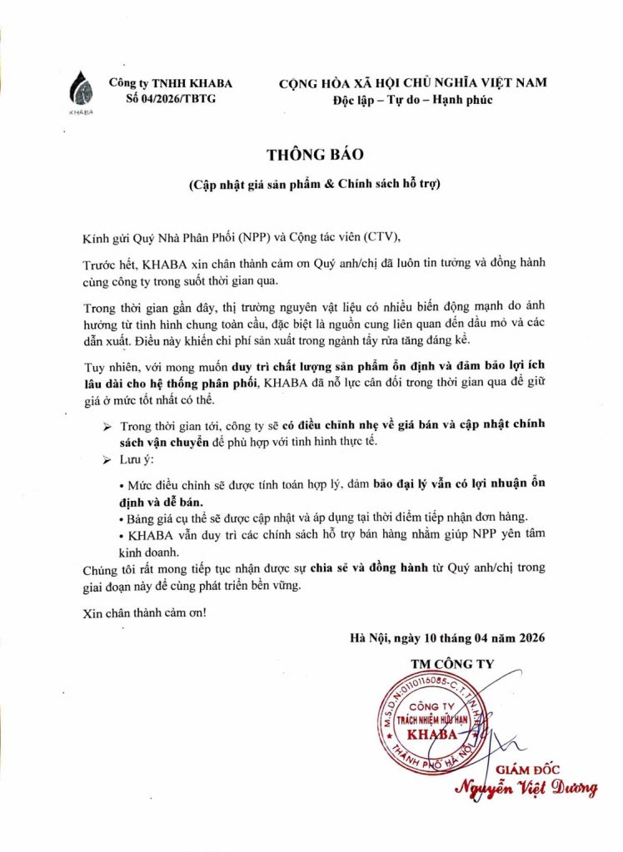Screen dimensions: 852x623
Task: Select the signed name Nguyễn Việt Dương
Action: (x=526, y=788)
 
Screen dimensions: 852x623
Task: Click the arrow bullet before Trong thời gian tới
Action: (x=106, y=426)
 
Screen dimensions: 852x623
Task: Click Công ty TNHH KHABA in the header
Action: (x=171, y=83)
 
